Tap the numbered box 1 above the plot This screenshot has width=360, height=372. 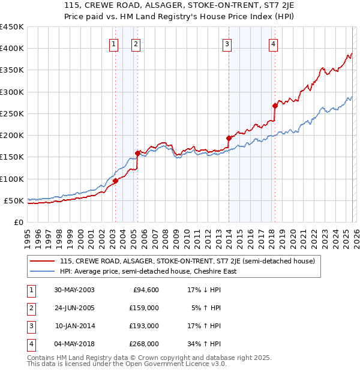click(114, 43)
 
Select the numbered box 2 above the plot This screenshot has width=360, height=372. click(136, 43)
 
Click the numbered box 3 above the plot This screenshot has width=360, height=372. click(227, 43)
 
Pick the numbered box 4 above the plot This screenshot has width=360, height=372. click(273, 43)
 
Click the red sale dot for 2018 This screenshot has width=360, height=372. click(275, 106)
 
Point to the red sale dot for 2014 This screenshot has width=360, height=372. click(229, 138)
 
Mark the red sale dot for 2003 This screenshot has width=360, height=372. click(115, 181)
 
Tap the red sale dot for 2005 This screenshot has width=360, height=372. click(137, 153)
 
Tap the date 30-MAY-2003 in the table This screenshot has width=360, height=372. click(74, 290)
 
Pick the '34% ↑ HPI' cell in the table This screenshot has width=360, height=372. click(200, 344)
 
